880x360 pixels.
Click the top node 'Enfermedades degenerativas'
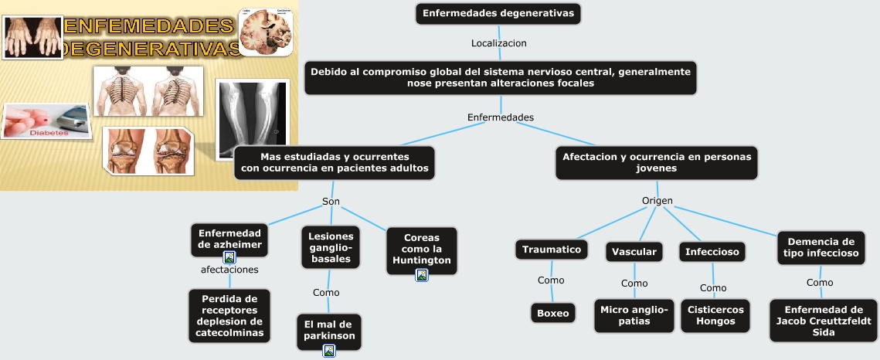tap(498, 13)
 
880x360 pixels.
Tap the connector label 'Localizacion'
tap(499, 43)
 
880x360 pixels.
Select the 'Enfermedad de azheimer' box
tap(229, 239)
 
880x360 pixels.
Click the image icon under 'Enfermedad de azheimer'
tap(229, 257)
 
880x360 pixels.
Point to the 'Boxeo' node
tap(553, 313)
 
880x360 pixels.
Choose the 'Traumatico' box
tap(551, 249)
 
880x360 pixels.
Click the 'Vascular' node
tap(634, 251)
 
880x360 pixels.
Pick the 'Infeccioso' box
tap(712, 251)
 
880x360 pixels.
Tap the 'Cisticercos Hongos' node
tap(715, 315)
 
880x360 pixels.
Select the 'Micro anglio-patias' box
tap(634, 315)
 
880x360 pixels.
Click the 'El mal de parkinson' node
tap(329, 331)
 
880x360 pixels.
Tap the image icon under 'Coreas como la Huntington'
tap(422, 275)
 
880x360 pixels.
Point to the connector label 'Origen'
tap(657, 201)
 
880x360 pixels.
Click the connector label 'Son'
tap(331, 202)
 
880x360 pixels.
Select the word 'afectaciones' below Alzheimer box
tap(229, 270)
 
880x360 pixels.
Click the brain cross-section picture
tap(266, 32)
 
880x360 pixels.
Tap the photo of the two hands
tap(32, 38)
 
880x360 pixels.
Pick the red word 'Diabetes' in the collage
tap(49, 133)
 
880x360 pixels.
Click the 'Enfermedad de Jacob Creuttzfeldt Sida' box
tap(824, 321)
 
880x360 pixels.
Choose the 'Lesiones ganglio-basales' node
tap(331, 247)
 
